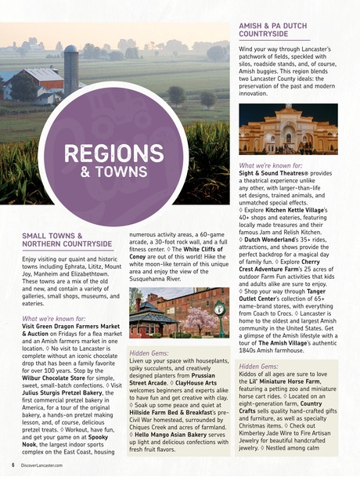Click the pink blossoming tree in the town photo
(193, 318)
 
